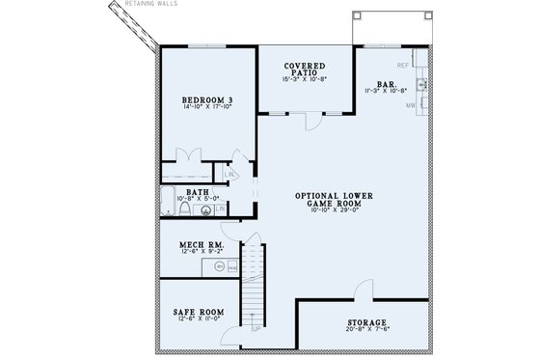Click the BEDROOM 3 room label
[x=203, y=99]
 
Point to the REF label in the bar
[x=404, y=65]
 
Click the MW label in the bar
[x=410, y=106]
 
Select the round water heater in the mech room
[x=219, y=267]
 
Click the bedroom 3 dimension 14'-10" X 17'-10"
[x=203, y=108]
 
